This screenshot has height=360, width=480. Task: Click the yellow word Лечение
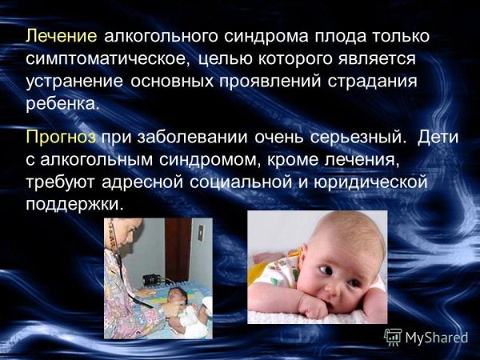click(x=62, y=37)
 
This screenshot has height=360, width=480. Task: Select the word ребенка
click(x=63, y=104)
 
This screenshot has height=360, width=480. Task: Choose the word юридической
click(x=364, y=182)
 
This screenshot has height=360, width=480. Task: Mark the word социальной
click(x=239, y=182)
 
